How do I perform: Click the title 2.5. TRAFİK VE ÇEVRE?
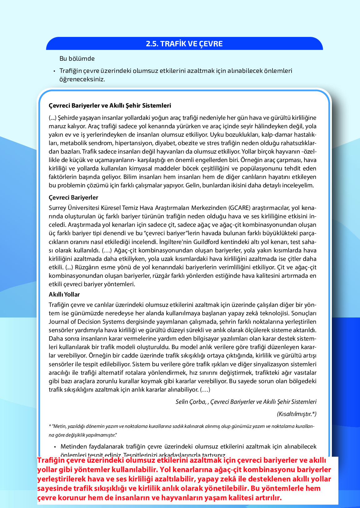point(184,44)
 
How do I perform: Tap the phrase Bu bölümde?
point(77,58)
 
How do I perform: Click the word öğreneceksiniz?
point(82,79)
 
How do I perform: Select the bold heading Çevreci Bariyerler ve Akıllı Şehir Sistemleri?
point(110,105)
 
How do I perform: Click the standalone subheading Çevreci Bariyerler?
point(73,197)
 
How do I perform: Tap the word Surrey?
point(57,208)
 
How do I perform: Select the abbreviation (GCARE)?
point(239,208)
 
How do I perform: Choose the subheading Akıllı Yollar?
point(64,294)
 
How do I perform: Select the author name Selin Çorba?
point(190,402)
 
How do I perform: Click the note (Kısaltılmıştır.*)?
point(297,414)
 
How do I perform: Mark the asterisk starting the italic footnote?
point(50,426)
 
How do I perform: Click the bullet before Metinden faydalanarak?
point(55,447)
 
